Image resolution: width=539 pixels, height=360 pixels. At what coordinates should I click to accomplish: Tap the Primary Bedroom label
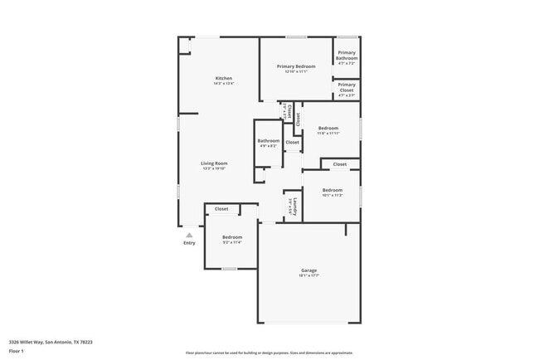(x=296, y=66)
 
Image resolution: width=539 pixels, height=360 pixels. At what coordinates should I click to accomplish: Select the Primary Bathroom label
(x=347, y=56)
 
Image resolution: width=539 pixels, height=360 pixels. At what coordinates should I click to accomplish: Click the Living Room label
(x=214, y=163)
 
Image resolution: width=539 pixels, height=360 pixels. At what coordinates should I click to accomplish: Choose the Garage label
(x=308, y=270)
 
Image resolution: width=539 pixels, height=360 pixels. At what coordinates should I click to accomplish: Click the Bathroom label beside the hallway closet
(x=269, y=141)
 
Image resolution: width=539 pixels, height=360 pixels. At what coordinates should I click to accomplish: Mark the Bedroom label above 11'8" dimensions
(x=328, y=128)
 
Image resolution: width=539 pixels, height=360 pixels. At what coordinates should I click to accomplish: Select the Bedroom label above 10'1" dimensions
(x=333, y=191)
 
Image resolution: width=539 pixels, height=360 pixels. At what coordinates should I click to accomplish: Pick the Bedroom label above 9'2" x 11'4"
(x=232, y=237)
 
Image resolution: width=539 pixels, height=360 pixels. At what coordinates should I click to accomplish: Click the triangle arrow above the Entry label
(x=189, y=235)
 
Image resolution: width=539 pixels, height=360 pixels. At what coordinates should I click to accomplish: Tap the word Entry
(x=189, y=243)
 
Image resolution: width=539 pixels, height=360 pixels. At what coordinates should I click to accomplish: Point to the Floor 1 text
(x=17, y=351)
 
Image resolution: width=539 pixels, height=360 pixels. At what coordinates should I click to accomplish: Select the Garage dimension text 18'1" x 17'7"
(x=308, y=275)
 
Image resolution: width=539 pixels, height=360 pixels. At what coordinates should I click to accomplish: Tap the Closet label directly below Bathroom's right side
(x=292, y=143)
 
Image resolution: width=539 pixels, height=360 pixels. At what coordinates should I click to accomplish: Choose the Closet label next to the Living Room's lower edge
(x=221, y=209)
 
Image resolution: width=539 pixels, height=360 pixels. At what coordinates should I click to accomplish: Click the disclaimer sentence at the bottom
(x=269, y=353)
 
